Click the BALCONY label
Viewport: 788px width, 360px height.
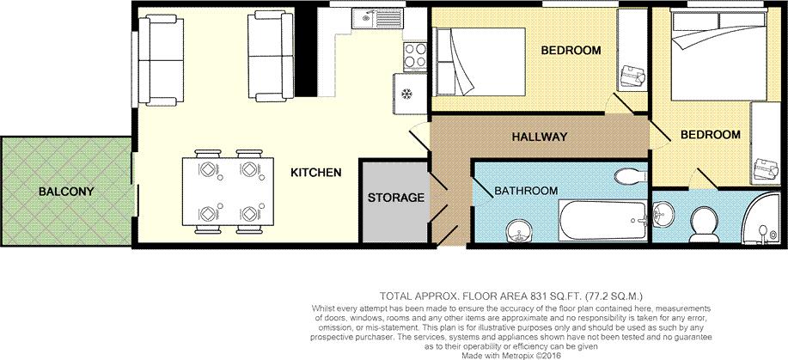click(64, 191)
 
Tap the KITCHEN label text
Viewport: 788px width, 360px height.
click(315, 173)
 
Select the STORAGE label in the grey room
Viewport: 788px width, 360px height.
click(396, 198)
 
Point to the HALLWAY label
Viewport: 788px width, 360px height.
click(540, 137)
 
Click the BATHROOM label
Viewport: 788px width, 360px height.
click(525, 190)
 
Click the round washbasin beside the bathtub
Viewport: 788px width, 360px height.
click(517, 229)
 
